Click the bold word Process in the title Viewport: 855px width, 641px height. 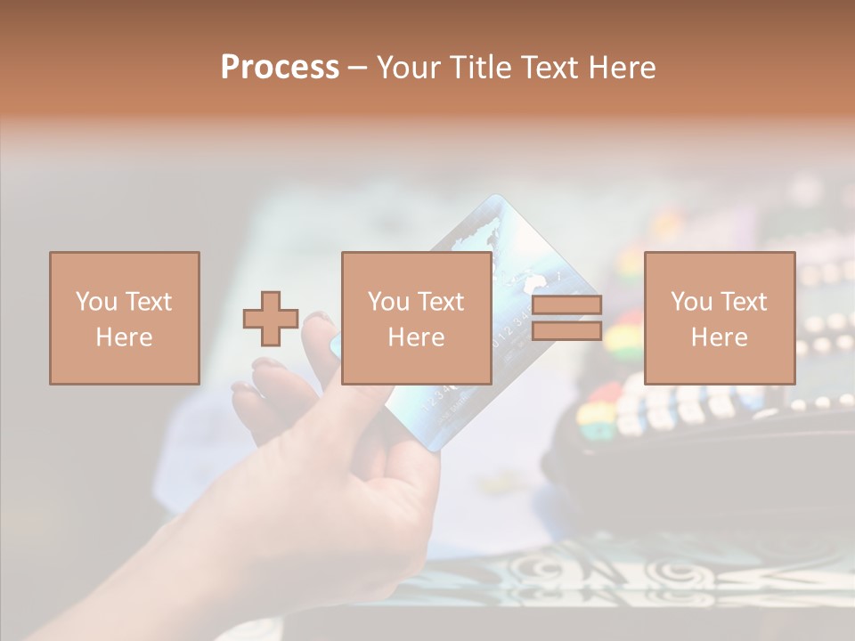click(x=280, y=68)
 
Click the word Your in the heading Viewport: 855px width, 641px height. click(x=410, y=68)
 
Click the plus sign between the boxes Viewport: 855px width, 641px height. click(x=271, y=318)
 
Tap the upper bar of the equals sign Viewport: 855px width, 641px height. click(x=566, y=304)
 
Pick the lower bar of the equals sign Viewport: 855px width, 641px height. click(x=566, y=331)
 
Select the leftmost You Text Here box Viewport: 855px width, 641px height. click(x=124, y=318)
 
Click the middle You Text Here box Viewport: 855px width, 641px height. click(x=416, y=318)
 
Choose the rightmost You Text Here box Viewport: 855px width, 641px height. click(x=719, y=318)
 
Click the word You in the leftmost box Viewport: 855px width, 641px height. click(x=96, y=302)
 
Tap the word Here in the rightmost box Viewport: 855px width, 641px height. click(x=719, y=337)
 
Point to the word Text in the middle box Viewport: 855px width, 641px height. click(x=440, y=302)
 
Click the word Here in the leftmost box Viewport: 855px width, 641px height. click(x=124, y=337)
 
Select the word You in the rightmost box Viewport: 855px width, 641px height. click(x=691, y=302)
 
